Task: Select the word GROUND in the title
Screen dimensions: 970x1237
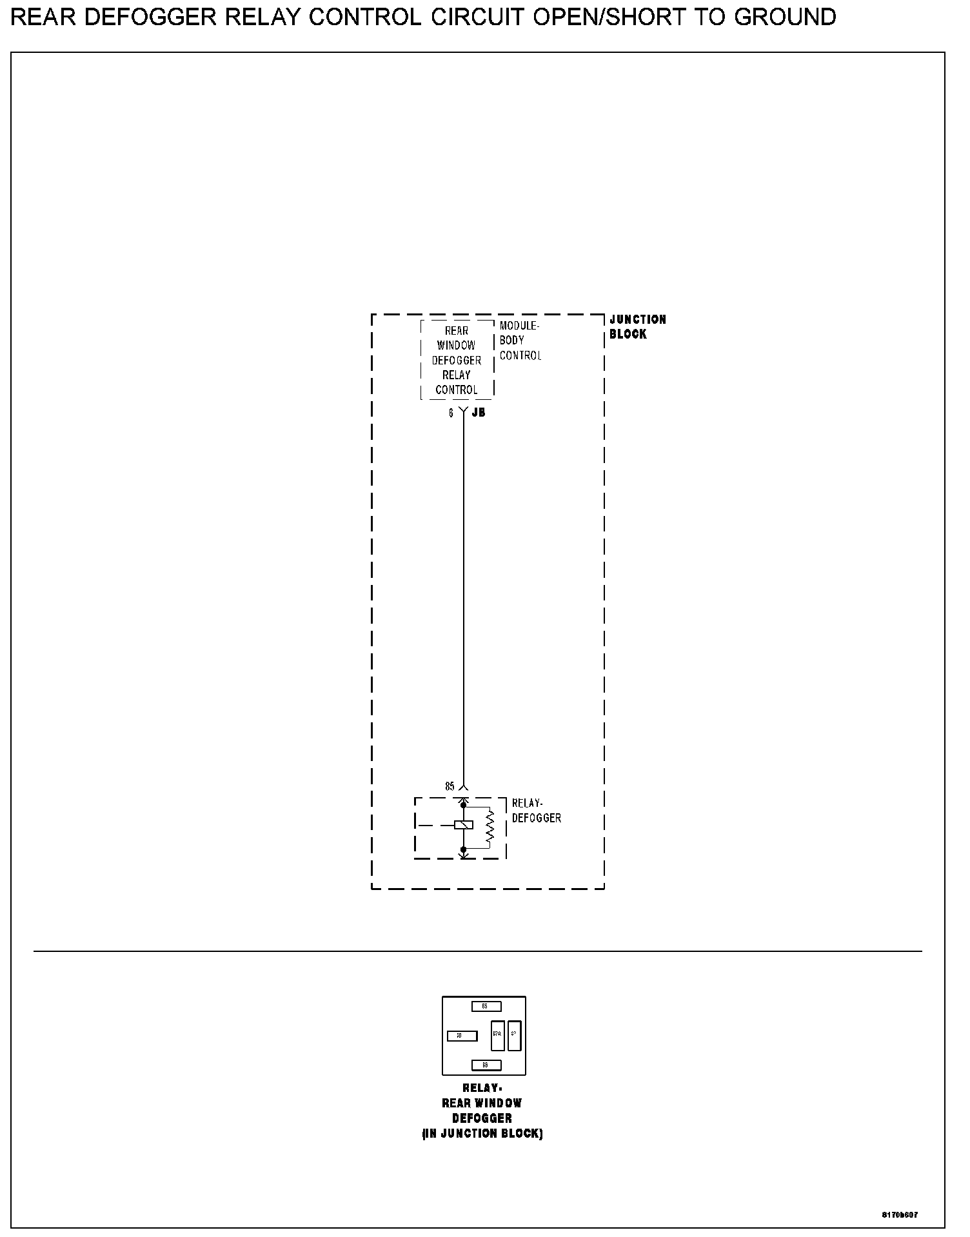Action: pyautogui.click(x=785, y=17)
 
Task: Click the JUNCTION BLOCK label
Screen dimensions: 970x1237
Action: pyautogui.click(x=637, y=327)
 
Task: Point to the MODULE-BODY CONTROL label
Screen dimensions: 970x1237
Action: pyautogui.click(x=520, y=341)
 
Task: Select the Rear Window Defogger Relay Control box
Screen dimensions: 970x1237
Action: pyautogui.click(x=457, y=360)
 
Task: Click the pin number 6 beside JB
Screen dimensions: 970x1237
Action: pyautogui.click(x=451, y=413)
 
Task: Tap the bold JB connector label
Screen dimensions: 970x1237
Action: pyautogui.click(x=479, y=413)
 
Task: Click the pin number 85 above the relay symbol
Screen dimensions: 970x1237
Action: pyautogui.click(x=450, y=786)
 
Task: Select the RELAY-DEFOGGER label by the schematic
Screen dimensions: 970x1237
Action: pyautogui.click(x=536, y=811)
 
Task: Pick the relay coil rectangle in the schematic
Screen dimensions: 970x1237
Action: pyautogui.click(x=464, y=825)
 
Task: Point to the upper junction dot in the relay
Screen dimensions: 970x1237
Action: pyautogui.click(x=463, y=805)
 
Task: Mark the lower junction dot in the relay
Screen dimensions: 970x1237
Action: pyautogui.click(x=463, y=849)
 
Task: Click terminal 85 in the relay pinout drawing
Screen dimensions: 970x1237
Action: pyautogui.click(x=484, y=1006)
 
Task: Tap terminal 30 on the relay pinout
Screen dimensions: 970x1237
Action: pyautogui.click(x=462, y=1036)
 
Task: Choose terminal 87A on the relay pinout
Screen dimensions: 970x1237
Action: pyautogui.click(x=497, y=1036)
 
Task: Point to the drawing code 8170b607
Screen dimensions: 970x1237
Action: pyautogui.click(x=900, y=1215)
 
